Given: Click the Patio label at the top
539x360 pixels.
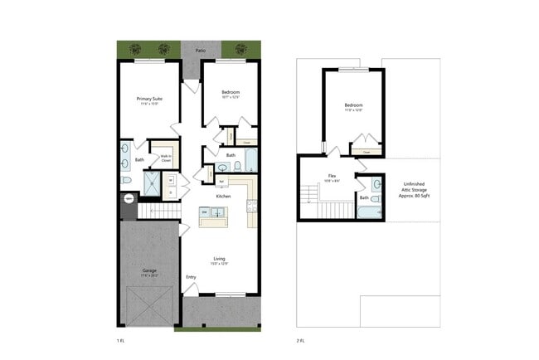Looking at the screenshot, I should coord(201,51).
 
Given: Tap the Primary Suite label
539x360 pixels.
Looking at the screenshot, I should coord(150,100).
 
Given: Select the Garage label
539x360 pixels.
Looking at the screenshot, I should coord(150,247).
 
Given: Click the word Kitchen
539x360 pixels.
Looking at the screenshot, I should coord(224,196).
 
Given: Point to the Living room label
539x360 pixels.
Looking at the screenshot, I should coord(220,259).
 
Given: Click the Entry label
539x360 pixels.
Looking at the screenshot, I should coord(192,277).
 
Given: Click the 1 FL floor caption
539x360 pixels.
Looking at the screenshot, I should coord(121,339).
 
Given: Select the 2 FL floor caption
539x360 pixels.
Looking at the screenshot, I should coord(300,339).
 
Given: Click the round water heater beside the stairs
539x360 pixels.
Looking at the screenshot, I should coord(129,199).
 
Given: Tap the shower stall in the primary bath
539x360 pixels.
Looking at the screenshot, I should coord(153,182).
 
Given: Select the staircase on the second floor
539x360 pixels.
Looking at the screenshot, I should coord(308,196).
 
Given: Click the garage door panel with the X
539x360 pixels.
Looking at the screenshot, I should coord(150,305).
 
